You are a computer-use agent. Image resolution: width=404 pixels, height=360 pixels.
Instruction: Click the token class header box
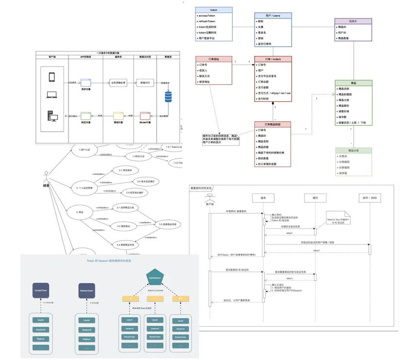coord(214,10)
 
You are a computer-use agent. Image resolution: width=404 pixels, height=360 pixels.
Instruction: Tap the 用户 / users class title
coord(273,16)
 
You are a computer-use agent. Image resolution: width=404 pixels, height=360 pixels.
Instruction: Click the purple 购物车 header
coord(353,21)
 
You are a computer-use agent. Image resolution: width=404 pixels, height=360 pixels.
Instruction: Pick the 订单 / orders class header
coord(273,59)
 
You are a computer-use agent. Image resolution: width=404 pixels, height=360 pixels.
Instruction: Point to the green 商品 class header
coord(353,82)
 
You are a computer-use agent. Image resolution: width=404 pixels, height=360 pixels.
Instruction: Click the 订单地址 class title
coord(214,59)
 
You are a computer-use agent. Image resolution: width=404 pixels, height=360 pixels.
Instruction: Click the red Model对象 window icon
coord(145,115)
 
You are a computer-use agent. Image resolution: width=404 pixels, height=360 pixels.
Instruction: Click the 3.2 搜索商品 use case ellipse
coord(125,226)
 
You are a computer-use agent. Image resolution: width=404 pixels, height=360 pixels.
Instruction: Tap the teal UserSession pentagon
coord(154,279)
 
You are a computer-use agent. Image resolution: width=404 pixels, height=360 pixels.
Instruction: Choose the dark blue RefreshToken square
coord(86,291)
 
